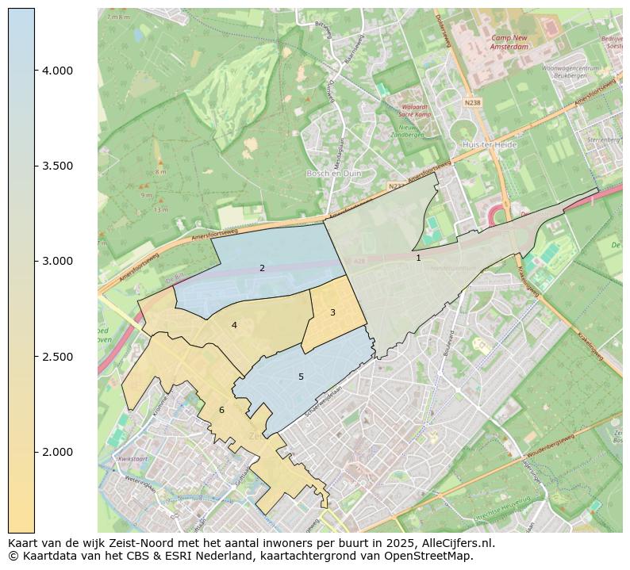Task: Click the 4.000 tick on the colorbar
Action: pos(57,71)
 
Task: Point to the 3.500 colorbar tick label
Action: pos(57,166)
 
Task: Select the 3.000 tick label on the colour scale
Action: pos(57,261)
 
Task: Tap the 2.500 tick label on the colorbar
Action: pos(57,357)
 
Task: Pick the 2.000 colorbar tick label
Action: pos(57,452)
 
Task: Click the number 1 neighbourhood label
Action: pos(418,258)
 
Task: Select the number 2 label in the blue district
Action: pos(262,269)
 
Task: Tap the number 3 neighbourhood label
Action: pos(332,313)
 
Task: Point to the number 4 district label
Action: pos(234,326)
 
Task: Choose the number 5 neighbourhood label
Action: pos(301,377)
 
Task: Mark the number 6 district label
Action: pos(221,410)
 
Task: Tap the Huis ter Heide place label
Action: pos(489,145)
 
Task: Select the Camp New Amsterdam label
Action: pos(509,42)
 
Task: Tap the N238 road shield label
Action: pos(473,102)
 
